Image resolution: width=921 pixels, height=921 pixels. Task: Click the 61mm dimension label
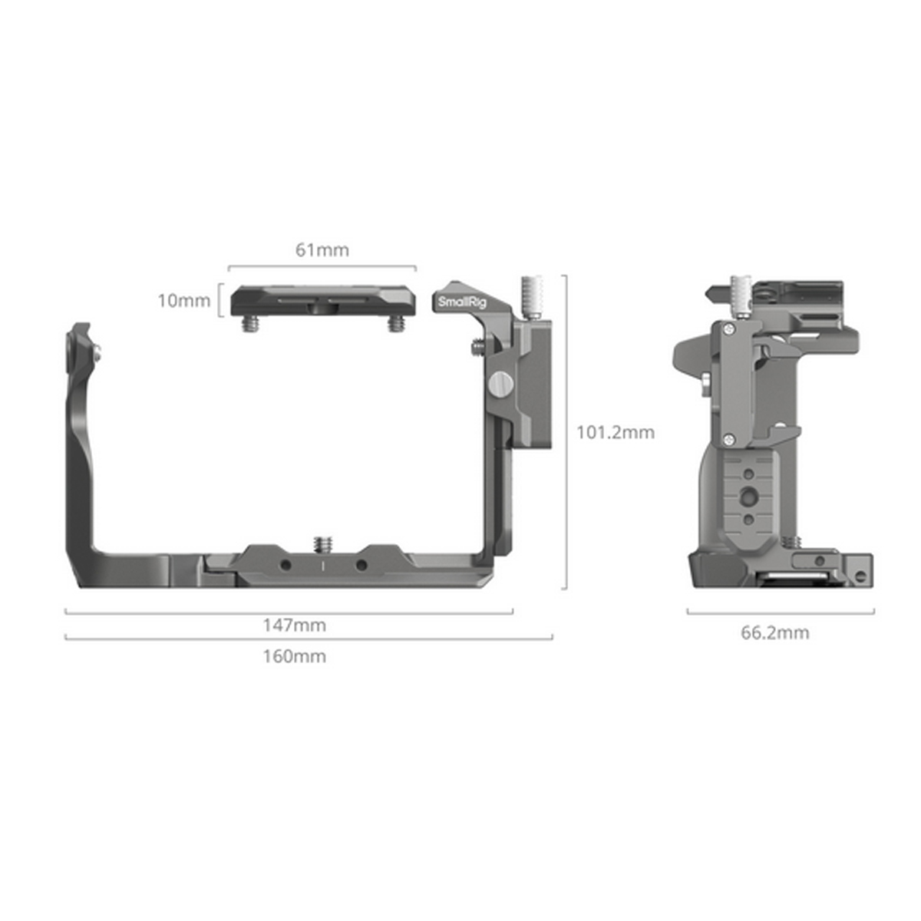pos(322,249)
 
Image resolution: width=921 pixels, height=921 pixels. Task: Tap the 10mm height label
pos(183,300)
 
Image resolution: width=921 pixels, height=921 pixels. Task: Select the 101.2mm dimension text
pos(616,432)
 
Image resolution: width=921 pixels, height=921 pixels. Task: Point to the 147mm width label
pos(294,625)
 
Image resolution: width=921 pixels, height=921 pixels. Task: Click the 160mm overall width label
pos(294,656)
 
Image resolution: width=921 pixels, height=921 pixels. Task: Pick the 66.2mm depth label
pos(774,633)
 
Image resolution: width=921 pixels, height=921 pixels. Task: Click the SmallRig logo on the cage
pos(461,302)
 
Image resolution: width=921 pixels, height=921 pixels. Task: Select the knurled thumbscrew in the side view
pos(741,295)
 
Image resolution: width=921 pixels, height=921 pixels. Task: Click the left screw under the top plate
pos(249,324)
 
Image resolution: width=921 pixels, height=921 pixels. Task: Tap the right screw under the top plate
pos(395,324)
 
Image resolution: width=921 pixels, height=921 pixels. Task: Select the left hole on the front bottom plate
pos(285,565)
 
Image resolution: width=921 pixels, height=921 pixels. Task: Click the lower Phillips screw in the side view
pos(726,439)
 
